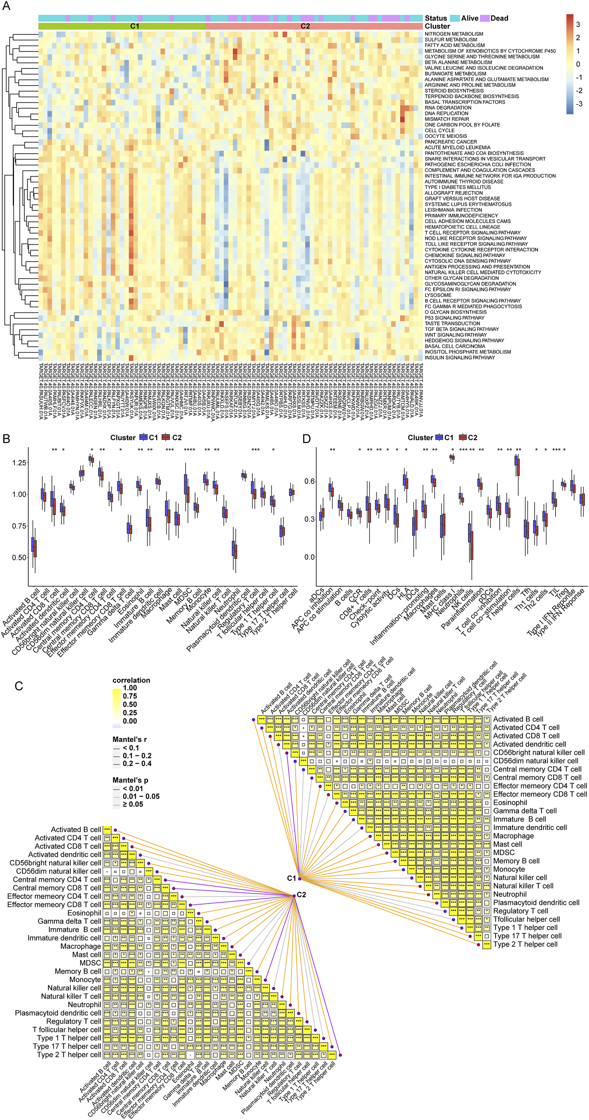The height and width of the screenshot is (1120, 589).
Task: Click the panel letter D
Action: tap(306, 438)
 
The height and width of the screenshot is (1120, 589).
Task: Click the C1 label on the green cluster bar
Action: tap(135, 27)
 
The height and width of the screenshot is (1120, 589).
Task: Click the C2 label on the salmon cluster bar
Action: tap(305, 27)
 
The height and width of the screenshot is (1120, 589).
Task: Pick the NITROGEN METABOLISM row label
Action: tap(454, 34)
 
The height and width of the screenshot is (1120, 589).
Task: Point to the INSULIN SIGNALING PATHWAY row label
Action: tap(460, 358)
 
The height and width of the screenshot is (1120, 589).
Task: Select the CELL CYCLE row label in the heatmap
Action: tap(440, 130)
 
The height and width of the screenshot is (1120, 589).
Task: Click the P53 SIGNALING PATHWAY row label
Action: tap(454, 318)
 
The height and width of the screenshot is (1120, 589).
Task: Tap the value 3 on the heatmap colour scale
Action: tap(578, 25)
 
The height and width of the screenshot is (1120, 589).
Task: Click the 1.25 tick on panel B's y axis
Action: tap(19, 463)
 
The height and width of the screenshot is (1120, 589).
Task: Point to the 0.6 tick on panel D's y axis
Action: tap(310, 481)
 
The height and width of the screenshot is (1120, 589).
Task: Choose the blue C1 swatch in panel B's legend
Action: tap(143, 438)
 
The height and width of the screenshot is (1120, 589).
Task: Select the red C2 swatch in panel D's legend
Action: tap(462, 438)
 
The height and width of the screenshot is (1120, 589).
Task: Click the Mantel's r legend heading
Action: tap(130, 740)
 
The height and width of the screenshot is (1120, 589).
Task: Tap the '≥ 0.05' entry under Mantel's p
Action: tap(133, 804)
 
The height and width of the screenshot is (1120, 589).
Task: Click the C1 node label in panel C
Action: tap(291, 878)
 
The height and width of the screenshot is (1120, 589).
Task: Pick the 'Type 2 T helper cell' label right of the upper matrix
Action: tap(525, 944)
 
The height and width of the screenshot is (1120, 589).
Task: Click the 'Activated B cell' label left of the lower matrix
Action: tap(76, 829)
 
